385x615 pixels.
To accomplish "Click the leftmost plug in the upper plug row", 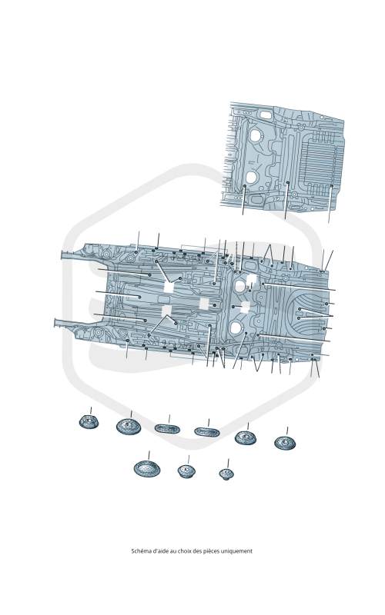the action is (x=89, y=421).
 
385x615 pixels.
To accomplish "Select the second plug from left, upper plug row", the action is (x=129, y=427).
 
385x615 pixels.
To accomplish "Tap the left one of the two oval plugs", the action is (x=167, y=429).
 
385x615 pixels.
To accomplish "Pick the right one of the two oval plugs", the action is (x=207, y=432).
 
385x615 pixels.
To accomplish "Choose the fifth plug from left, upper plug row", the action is (x=246, y=437).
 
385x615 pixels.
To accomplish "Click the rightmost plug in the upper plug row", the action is (x=285, y=443).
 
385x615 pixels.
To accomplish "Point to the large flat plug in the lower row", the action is (x=147, y=469).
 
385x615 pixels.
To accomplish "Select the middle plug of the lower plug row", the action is (x=187, y=470).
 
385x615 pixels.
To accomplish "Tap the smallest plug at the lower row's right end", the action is (x=226, y=474).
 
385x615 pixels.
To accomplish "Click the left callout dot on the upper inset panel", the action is (x=244, y=185).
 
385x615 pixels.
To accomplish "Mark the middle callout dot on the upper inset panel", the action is (x=288, y=182).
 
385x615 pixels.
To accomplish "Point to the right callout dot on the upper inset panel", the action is (x=332, y=186).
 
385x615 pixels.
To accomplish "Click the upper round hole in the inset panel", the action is (x=256, y=136).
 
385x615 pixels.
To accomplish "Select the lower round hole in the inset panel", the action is (x=252, y=178).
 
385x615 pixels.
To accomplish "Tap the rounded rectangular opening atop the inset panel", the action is (x=266, y=115).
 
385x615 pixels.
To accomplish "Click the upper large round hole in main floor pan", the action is (x=239, y=285).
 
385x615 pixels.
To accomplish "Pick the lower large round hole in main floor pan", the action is (x=236, y=328).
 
